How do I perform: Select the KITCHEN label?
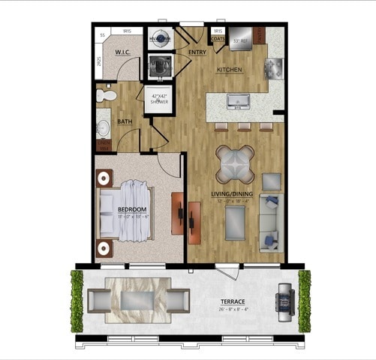click(x=230, y=70)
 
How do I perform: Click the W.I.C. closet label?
click(x=124, y=52)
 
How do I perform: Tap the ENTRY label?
click(x=197, y=52)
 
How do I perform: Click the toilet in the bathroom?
click(x=106, y=95)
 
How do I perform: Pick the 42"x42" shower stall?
click(x=158, y=101)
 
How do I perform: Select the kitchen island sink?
click(x=241, y=101)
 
